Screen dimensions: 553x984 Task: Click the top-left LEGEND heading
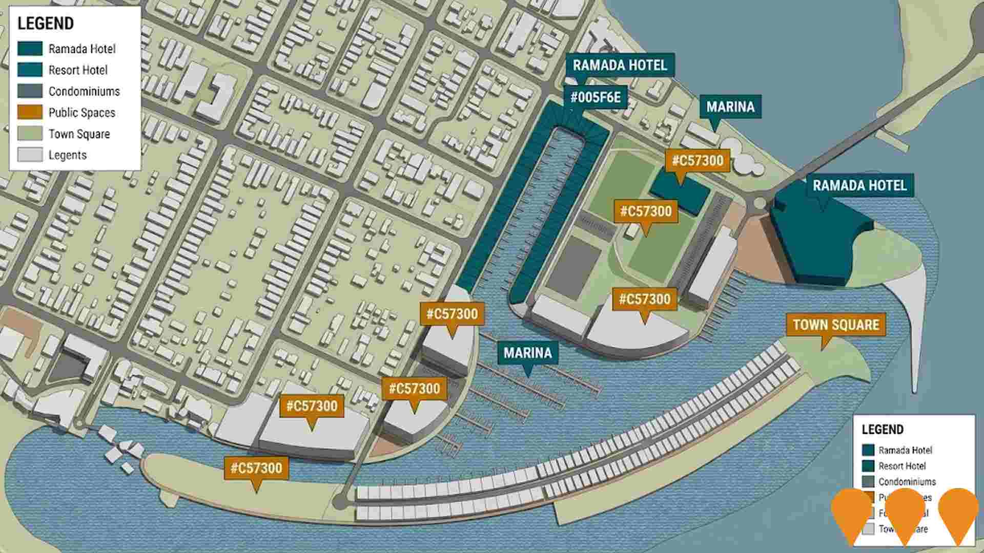[x=46, y=24]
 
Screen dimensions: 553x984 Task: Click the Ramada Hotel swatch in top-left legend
[x=30, y=49]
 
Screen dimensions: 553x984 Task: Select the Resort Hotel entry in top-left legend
[x=78, y=70]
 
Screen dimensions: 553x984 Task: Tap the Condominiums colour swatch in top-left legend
[x=30, y=91]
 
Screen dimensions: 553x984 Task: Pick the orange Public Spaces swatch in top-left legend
[x=30, y=112]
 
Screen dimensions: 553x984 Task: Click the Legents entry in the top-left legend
[x=67, y=155]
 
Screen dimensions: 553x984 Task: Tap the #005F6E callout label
[x=595, y=97]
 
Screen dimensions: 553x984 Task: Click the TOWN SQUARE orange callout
[x=835, y=325]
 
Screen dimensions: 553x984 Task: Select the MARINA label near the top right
[x=730, y=107]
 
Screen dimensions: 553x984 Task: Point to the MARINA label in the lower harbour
[x=527, y=353]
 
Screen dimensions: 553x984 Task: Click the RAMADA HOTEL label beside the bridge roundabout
[x=859, y=185]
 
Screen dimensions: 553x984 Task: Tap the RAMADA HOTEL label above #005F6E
[x=620, y=66]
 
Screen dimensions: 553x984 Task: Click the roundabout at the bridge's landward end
[x=760, y=203]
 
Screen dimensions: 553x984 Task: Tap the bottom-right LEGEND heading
[x=882, y=430]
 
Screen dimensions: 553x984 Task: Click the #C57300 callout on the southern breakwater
[x=256, y=468]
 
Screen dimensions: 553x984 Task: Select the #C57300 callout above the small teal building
[x=697, y=161]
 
